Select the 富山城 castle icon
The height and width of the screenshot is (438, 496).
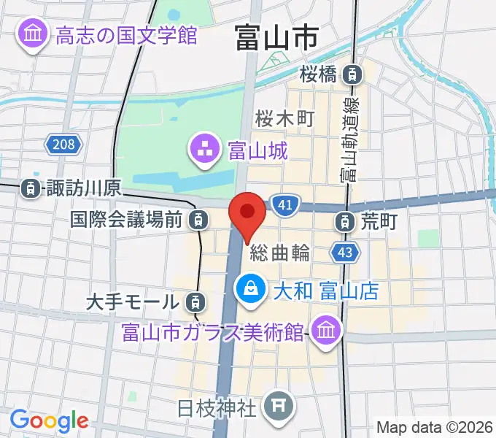point(204,151)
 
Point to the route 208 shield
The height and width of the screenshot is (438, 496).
point(63,145)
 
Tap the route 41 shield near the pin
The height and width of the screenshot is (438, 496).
point(285,206)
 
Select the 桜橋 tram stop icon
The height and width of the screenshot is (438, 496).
point(354,73)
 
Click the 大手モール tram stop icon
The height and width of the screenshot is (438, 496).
point(194,300)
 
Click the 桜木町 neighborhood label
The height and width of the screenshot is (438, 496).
point(284,118)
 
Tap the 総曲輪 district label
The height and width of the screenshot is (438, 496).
point(279,253)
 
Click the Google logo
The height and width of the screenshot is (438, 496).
point(49,420)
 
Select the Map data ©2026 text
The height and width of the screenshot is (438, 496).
point(434,427)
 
